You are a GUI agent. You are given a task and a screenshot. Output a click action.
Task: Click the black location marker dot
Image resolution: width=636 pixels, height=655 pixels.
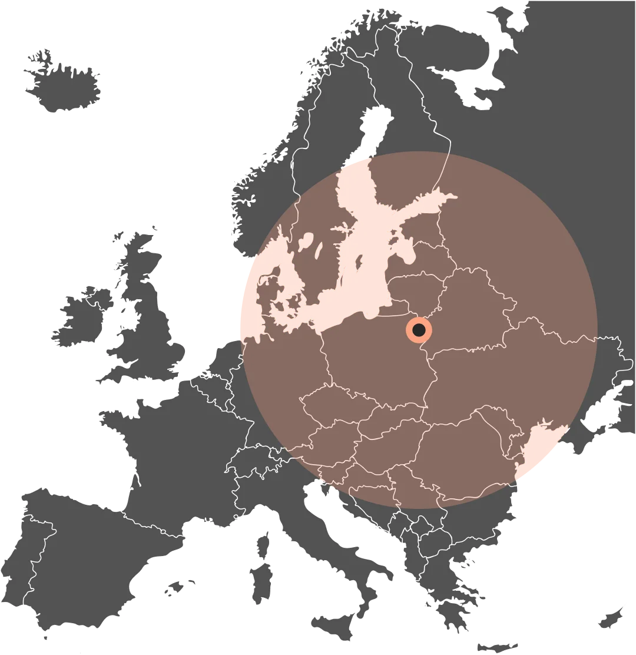point(419,330)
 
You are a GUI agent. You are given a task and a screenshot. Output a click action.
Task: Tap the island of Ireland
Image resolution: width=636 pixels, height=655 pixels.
point(79,318)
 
